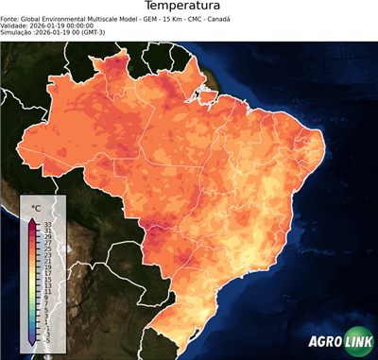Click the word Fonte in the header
10,17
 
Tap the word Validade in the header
15,25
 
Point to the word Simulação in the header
17,32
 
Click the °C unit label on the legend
36,207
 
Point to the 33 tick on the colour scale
46,223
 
